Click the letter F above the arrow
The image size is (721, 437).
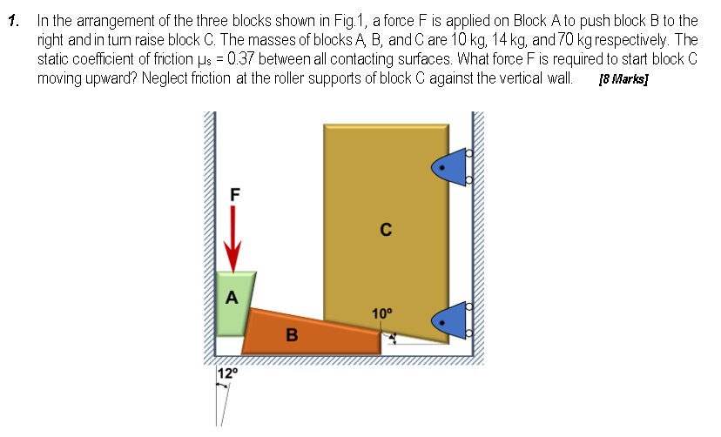tap(233, 193)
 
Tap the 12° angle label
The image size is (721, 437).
tap(226, 373)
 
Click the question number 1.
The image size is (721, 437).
tap(12, 19)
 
